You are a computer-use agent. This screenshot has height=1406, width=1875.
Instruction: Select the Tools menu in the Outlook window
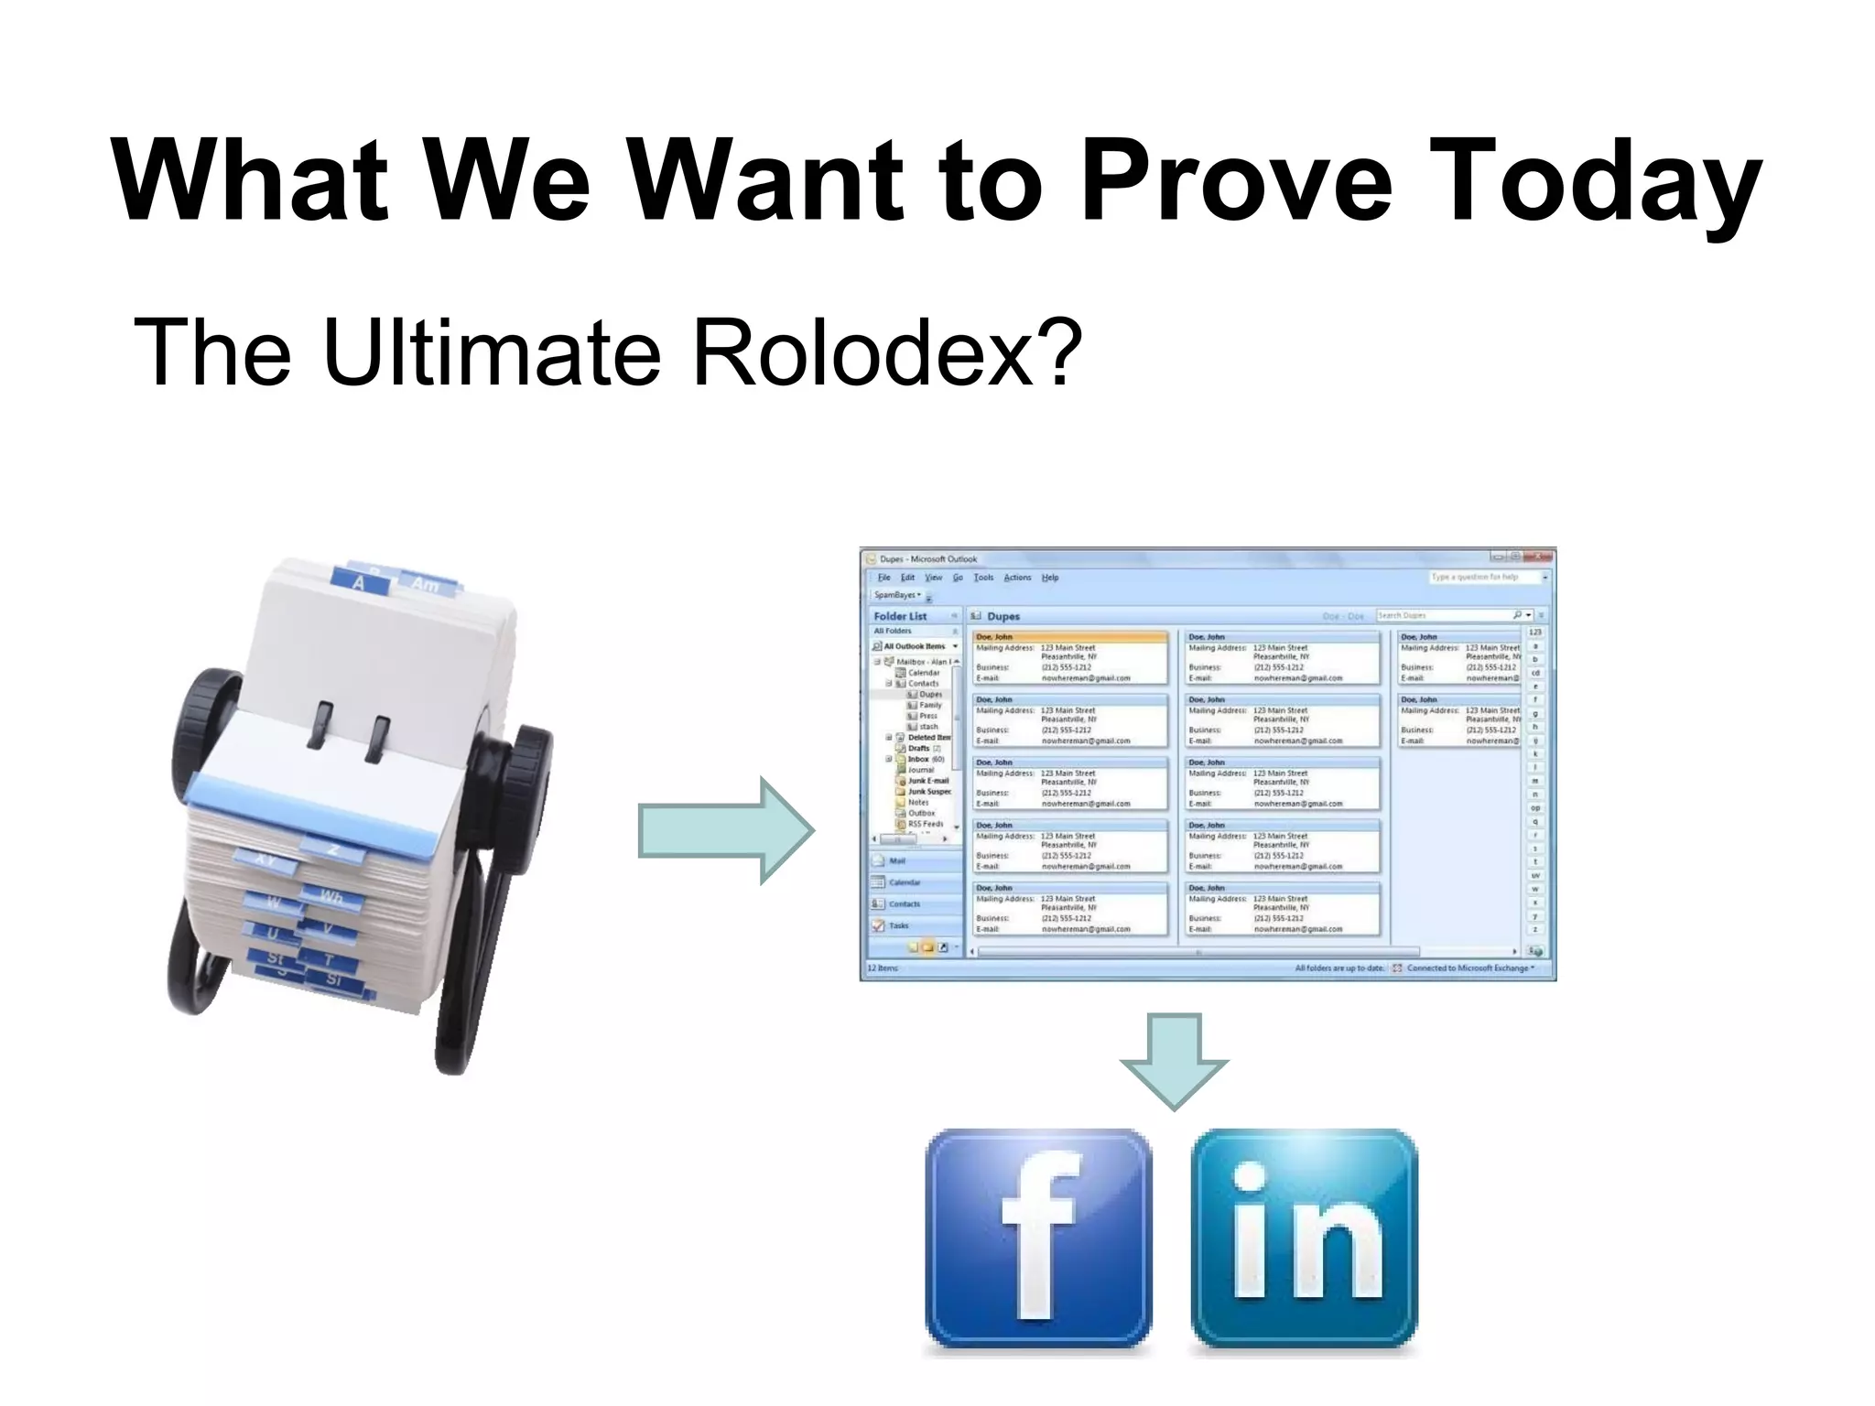tap(983, 578)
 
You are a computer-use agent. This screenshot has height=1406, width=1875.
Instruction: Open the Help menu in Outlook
tap(1050, 578)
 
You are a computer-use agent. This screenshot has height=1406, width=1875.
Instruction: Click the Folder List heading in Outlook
tap(900, 616)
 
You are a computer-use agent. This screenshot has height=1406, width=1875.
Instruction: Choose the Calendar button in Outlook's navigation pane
tap(904, 882)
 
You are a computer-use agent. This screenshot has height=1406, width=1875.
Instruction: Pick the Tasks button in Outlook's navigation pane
tap(898, 925)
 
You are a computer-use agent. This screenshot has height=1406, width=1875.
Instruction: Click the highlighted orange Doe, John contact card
tap(1070, 657)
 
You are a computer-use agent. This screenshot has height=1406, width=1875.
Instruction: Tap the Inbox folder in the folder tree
tap(918, 759)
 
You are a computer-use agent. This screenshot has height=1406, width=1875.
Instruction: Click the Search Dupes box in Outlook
tap(1442, 616)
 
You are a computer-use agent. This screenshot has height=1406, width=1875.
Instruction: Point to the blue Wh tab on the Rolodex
tap(331, 896)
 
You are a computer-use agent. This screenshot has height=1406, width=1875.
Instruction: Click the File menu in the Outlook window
tap(884, 578)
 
